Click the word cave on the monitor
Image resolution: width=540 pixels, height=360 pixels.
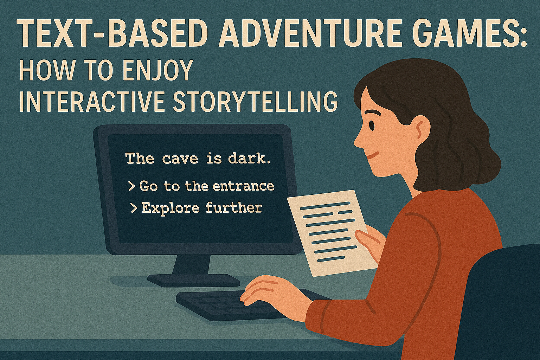point(180,159)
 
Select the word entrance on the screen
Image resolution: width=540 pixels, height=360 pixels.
point(244,186)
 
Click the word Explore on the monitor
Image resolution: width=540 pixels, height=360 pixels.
point(171,208)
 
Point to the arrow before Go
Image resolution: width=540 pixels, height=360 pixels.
point(131,186)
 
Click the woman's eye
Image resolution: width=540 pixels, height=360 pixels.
point(372,125)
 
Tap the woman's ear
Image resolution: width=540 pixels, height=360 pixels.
point(422,129)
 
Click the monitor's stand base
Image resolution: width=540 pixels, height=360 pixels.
point(194,280)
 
